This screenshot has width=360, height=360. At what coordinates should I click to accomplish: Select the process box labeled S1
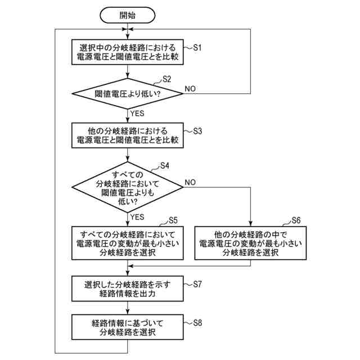[128, 52]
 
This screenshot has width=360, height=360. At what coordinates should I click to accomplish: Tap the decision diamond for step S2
[128, 92]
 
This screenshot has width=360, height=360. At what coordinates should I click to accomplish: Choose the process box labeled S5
[128, 243]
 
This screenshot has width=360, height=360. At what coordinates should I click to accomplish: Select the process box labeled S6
[250, 243]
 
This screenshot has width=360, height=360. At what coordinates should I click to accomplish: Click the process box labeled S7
[128, 288]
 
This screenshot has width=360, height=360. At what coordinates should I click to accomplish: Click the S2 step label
[166, 79]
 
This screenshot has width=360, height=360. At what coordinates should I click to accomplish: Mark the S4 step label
[165, 165]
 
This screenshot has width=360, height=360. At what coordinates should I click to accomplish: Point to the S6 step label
[296, 220]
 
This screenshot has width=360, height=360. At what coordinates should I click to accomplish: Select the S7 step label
[197, 284]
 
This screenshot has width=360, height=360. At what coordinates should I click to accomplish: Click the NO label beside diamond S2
[191, 88]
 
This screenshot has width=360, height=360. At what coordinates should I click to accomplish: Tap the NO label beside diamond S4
[191, 182]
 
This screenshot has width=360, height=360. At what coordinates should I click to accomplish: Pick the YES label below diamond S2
[138, 113]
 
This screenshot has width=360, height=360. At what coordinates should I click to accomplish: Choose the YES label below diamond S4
[138, 217]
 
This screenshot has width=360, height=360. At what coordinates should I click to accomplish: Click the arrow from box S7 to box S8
[128, 308]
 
